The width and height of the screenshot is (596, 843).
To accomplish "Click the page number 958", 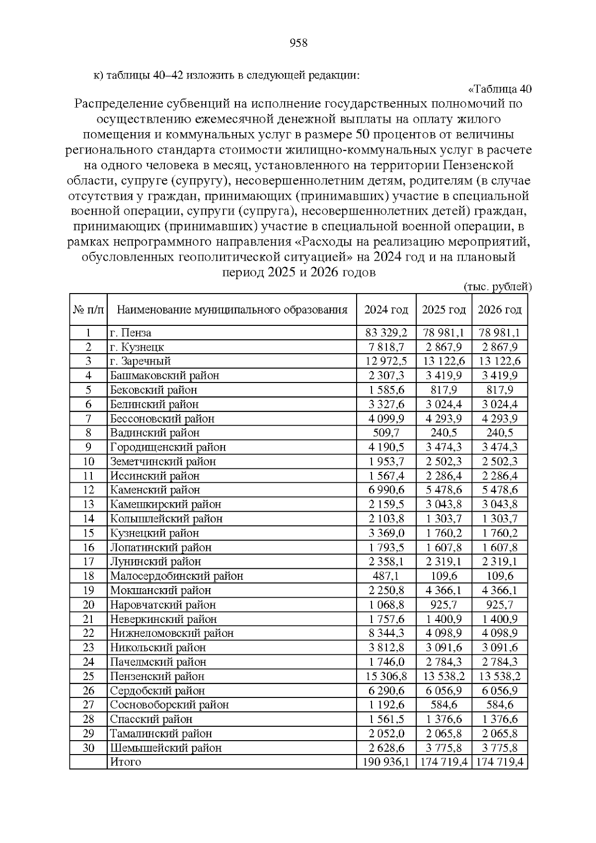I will pos(298,43).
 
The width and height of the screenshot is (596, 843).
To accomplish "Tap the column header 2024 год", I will pos(386,310).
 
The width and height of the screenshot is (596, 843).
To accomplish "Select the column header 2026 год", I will pos(499,310).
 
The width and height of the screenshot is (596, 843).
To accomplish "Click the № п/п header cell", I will pos(88,310).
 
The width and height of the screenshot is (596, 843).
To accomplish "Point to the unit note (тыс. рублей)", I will pos(497,287).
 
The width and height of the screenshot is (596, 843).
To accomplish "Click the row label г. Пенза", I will pos(131,333).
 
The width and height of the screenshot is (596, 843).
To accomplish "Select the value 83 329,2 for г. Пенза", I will pos(386,333).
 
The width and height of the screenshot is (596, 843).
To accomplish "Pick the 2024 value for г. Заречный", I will pos(386,361).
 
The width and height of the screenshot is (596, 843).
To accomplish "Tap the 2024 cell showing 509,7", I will pos(386,433).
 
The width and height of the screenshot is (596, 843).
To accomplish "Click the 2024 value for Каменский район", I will pos(386,490).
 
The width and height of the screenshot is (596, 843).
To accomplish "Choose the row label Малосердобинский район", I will pos(176,576).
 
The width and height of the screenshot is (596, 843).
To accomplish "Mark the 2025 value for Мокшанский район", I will pos(444,590).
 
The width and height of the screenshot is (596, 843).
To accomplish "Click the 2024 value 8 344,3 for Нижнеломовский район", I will pos(386,633).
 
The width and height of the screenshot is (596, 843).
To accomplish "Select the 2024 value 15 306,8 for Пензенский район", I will pos(386,676).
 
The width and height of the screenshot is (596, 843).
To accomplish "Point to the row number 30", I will pos(88,748).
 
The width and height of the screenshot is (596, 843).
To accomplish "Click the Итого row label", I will pos(126,762).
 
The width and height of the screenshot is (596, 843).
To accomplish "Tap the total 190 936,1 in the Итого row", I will pos(386,762).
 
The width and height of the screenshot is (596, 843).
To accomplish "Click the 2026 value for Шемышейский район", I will pos(499,748).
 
